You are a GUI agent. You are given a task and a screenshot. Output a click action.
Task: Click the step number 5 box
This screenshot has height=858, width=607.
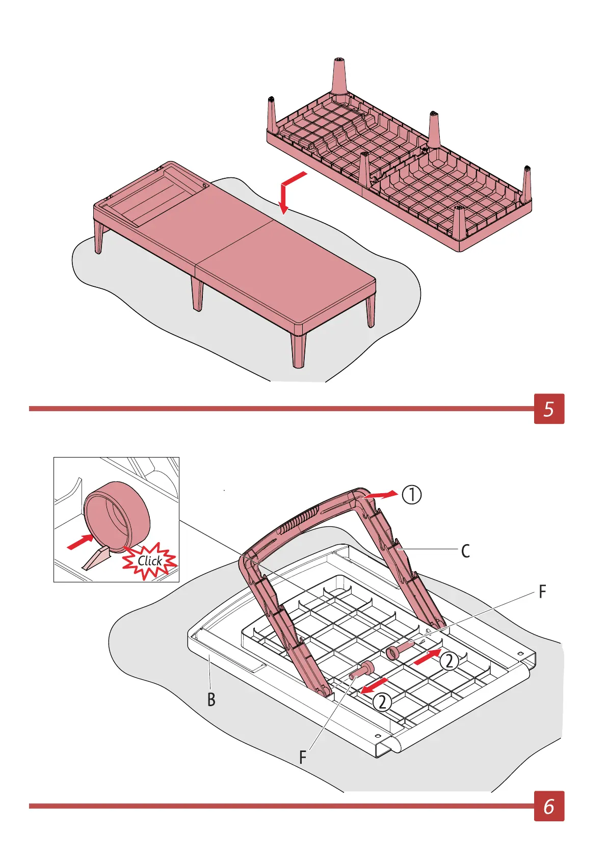(549, 409)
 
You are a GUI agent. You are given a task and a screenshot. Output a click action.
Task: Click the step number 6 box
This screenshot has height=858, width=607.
(549, 806)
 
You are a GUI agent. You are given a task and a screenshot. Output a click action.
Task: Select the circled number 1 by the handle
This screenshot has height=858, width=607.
(412, 495)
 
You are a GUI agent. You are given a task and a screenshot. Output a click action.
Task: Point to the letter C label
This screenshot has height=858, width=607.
(465, 551)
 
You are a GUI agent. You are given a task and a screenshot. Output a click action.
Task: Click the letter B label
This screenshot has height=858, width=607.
(212, 700)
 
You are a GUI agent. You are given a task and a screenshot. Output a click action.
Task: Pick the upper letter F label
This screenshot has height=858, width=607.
(542, 592)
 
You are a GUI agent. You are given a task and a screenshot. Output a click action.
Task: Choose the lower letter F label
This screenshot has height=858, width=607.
(303, 758)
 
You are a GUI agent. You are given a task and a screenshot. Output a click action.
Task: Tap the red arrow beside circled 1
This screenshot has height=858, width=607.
(383, 495)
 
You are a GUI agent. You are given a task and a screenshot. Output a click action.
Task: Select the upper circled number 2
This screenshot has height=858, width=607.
(449, 661)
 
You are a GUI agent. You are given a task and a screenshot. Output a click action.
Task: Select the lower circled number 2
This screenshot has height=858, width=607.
(382, 703)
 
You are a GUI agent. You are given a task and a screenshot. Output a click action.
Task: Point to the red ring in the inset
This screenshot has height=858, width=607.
(118, 516)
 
